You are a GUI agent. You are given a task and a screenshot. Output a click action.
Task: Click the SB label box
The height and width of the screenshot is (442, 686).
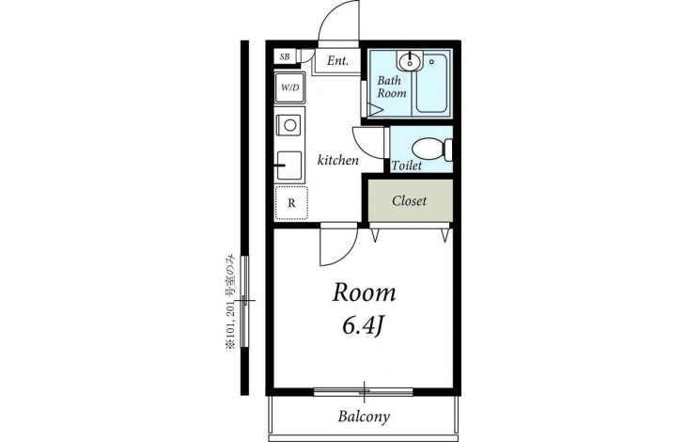285,56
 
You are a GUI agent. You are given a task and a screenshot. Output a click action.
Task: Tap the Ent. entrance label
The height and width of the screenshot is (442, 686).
337,61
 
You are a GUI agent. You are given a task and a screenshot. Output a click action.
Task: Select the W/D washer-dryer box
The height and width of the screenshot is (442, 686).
289,87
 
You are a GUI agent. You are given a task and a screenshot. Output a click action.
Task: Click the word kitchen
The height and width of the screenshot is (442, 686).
337,160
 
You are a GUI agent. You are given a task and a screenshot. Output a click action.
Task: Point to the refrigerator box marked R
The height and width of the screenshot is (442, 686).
291,202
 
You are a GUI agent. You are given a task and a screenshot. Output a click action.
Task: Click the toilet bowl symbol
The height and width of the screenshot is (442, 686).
432,150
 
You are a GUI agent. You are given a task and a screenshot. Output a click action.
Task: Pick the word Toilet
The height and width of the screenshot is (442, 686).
407,166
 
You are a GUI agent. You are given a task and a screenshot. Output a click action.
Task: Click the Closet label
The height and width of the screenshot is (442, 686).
409,201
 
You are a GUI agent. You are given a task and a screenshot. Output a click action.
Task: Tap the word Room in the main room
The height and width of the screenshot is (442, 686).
364,292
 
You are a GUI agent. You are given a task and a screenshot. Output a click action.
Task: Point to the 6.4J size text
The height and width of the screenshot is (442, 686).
363,326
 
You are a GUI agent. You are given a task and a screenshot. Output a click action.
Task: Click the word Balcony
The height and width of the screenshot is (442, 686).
364,417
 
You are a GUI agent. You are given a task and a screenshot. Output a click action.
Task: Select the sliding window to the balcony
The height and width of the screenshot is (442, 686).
364,391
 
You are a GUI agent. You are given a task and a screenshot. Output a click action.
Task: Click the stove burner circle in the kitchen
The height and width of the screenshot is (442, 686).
289,125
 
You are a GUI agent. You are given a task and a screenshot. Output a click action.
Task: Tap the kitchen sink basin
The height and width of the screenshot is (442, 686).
289,166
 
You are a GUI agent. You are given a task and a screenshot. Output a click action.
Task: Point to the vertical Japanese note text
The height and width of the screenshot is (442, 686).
230,302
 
